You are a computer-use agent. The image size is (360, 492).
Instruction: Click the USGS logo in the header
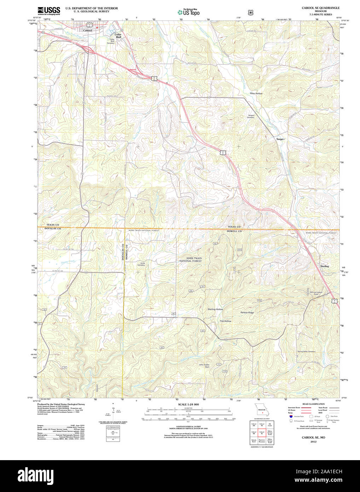pyautogui.click(x=49, y=11)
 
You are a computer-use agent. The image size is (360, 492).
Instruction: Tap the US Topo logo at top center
pyautogui.click(x=188, y=12)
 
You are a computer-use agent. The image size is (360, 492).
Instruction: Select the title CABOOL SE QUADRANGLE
pyautogui.click(x=320, y=8)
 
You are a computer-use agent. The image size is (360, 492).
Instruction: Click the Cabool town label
pyautogui.click(x=87, y=30)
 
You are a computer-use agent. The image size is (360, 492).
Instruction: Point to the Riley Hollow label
pyautogui.click(x=256, y=93)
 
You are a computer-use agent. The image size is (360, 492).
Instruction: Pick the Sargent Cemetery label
pyautogui.click(x=251, y=116)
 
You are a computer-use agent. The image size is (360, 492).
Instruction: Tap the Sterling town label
pyautogui.click(x=324, y=266)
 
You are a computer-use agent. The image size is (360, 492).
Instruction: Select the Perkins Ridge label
pyautogui.click(x=247, y=313)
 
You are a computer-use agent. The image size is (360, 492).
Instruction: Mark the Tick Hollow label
pyautogui.click(x=225, y=321)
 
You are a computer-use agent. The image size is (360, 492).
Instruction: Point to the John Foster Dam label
pyautogui.click(x=204, y=366)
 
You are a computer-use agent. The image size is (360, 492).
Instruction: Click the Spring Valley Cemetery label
pyautogui.click(x=306, y=351)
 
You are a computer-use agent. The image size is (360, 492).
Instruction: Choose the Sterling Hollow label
pyautogui.click(x=215, y=309)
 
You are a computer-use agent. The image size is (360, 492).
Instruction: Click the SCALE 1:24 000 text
pyautogui.click(x=188, y=404)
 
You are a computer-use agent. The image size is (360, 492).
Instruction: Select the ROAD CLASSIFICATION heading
pyautogui.click(x=313, y=404)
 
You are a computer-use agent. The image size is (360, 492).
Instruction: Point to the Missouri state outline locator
pyautogui.click(x=262, y=411)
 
